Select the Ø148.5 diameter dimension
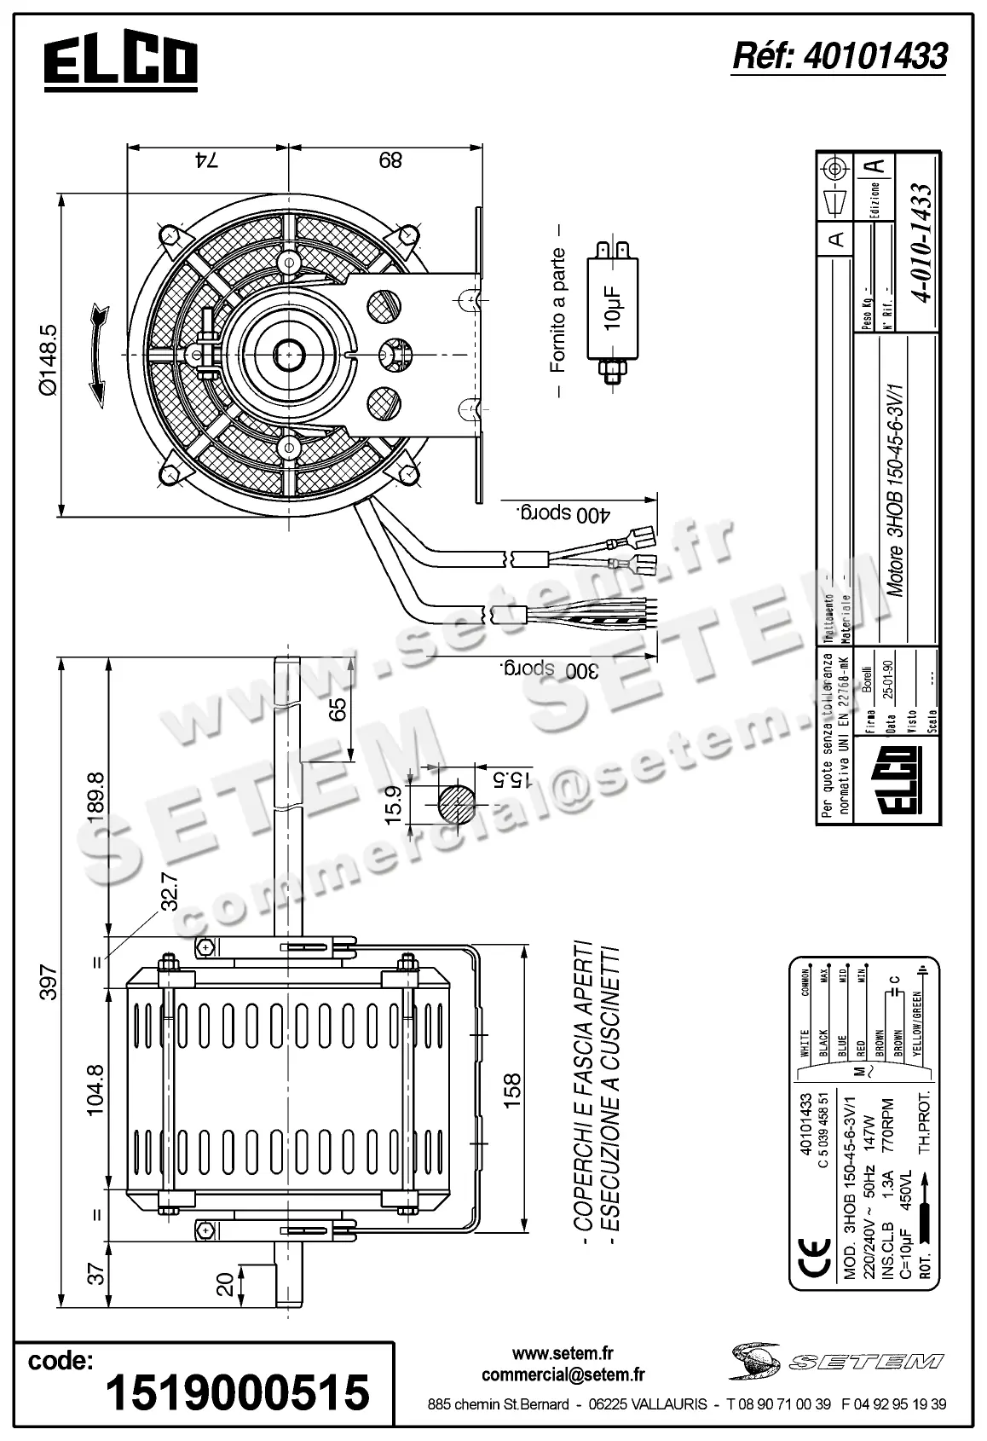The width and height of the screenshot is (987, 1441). [x=48, y=359]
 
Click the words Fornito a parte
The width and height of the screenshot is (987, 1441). [x=558, y=310]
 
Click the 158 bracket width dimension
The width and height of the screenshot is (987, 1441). [x=513, y=1091]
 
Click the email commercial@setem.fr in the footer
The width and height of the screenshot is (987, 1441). [x=563, y=1374]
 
